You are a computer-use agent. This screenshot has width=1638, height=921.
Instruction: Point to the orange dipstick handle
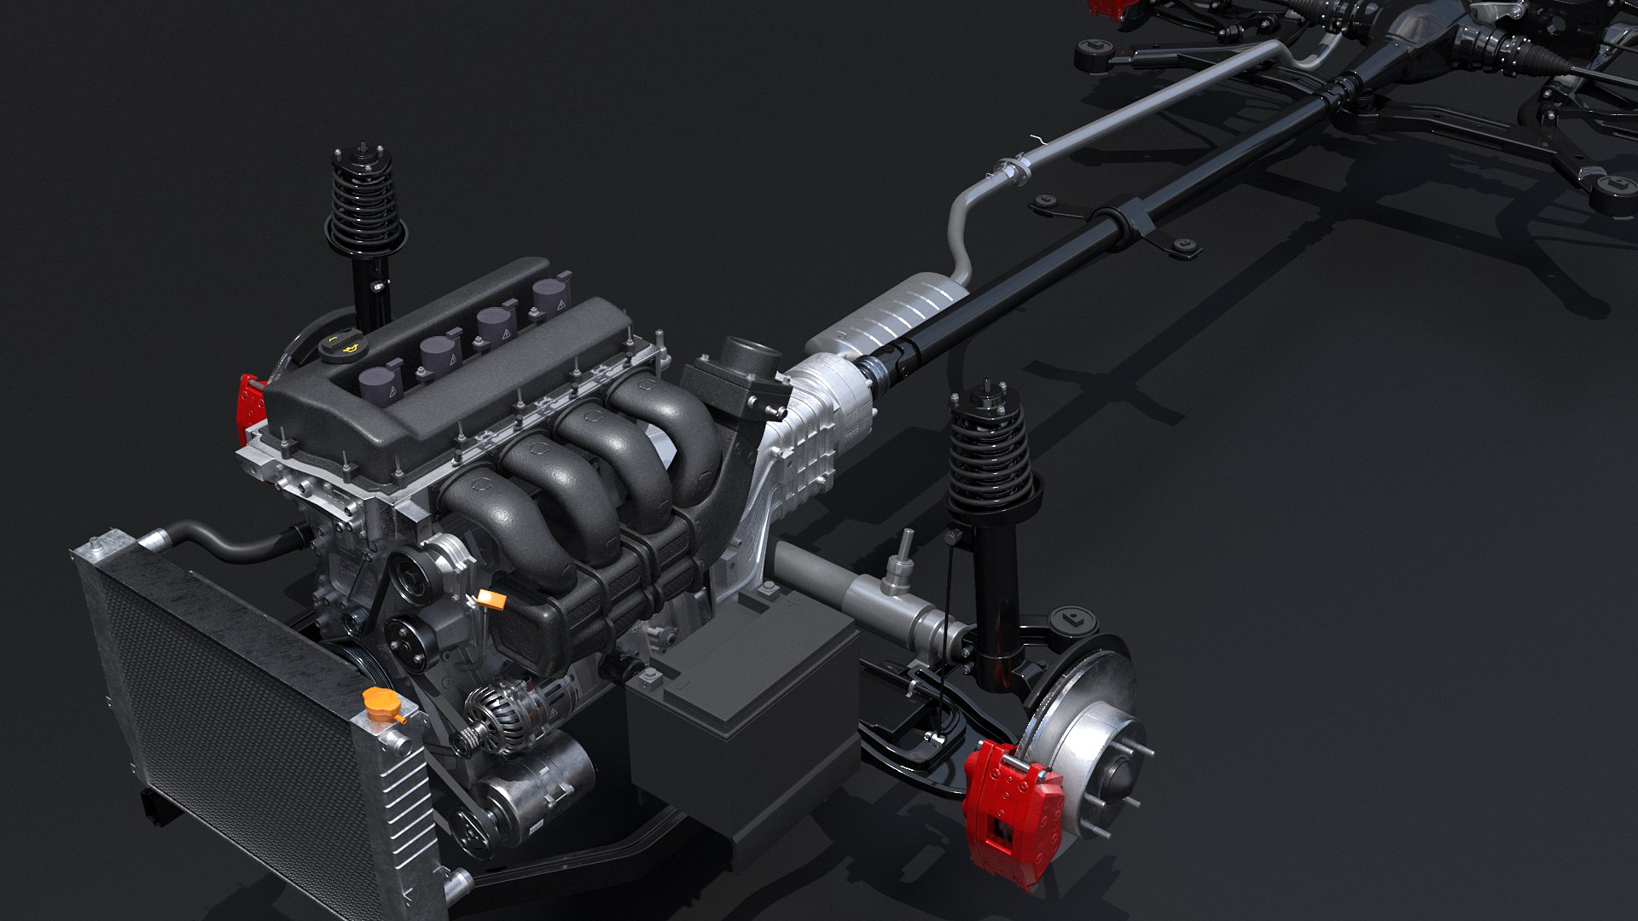tap(492, 600)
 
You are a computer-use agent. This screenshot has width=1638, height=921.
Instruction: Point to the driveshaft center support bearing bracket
tap(1134, 220)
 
